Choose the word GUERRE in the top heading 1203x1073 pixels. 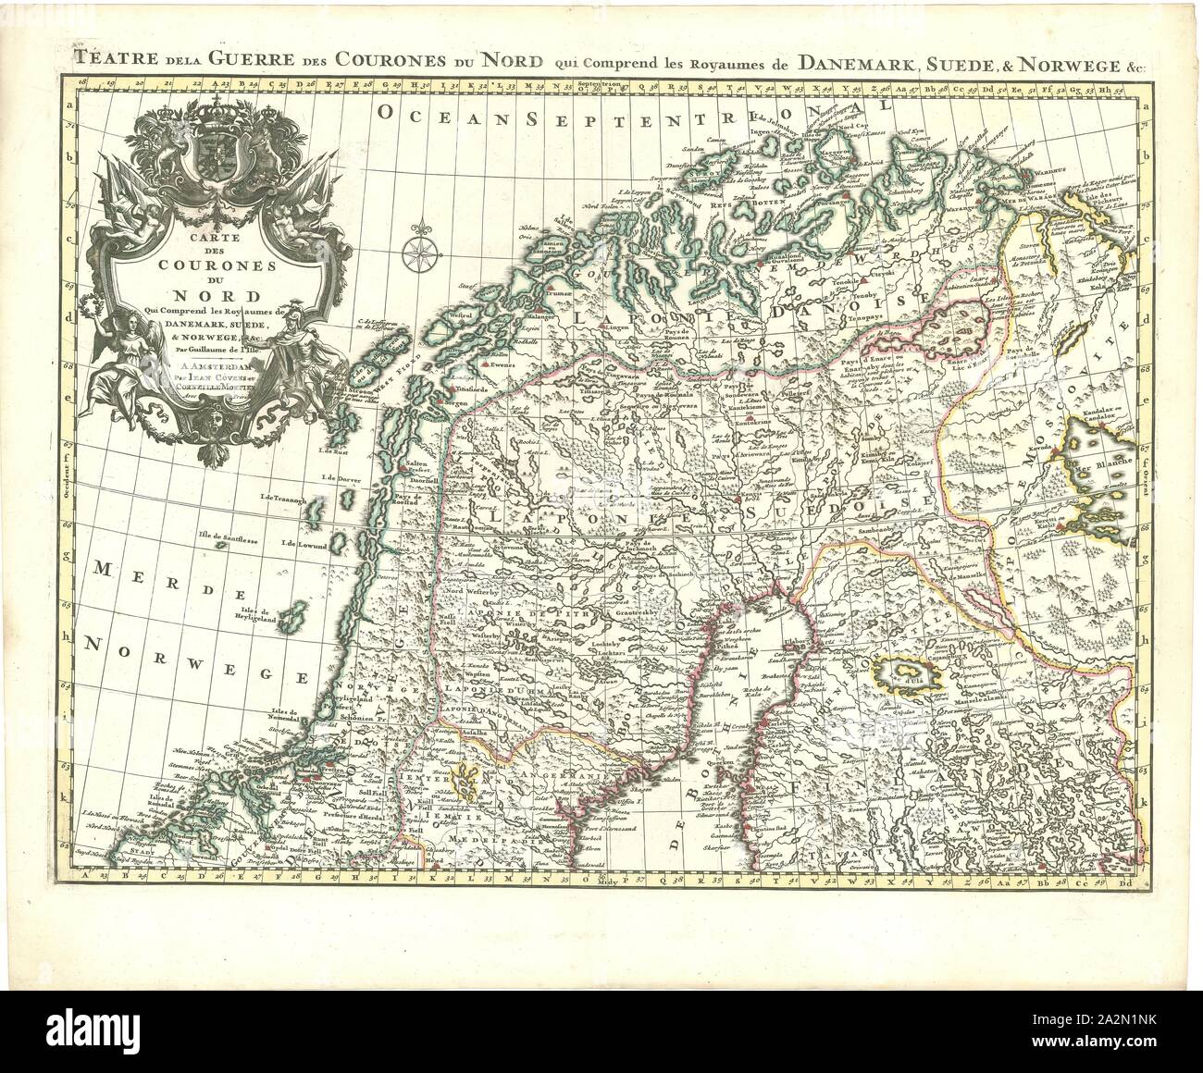click(238, 63)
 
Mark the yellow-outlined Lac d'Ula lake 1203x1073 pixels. click(909, 672)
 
